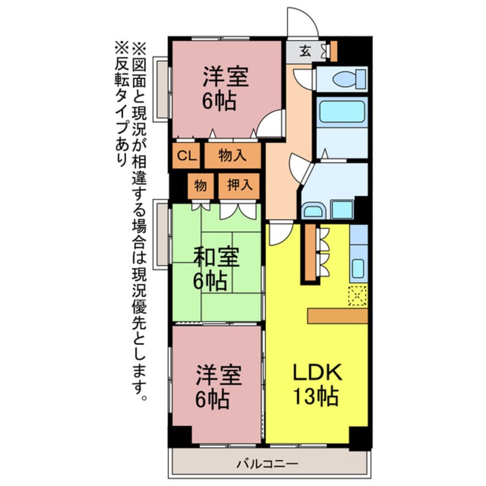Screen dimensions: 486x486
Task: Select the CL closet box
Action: pyautogui.click(x=184, y=155)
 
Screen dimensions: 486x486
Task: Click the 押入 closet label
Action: pyautogui.click(x=239, y=186)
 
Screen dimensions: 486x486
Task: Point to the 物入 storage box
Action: pyautogui.click(x=233, y=155)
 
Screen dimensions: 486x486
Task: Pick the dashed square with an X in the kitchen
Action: pyautogui.click(x=357, y=295)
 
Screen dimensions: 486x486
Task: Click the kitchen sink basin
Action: pyautogui.click(x=358, y=268)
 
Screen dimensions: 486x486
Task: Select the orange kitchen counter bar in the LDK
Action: pyautogui.click(x=337, y=315)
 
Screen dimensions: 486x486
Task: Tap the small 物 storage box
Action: pyautogui.click(x=200, y=186)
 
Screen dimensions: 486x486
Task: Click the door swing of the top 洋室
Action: pyautogui.click(x=270, y=124)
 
